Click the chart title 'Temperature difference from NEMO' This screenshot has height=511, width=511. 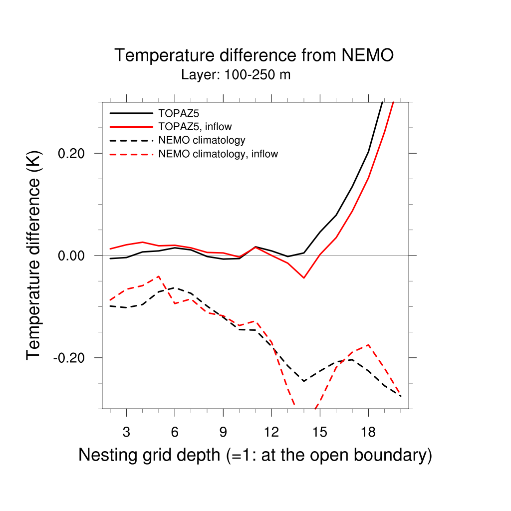tap(254, 55)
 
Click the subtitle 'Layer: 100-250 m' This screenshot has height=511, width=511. tap(236, 75)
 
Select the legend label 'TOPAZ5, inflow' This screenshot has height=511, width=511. tap(195, 126)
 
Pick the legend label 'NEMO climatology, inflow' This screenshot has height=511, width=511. tap(218, 154)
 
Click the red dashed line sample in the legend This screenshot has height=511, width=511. tap(131, 154)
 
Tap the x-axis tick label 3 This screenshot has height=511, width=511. tap(126, 432)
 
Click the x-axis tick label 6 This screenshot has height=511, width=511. tap(175, 432)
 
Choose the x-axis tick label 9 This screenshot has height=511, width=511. tap(223, 432)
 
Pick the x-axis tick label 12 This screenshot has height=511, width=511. tap(271, 432)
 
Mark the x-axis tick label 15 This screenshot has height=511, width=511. tap(320, 432)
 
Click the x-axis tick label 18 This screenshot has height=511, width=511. tap(368, 432)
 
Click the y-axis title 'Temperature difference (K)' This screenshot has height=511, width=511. tap(33, 255)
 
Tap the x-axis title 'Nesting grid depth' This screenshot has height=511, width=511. tap(255, 455)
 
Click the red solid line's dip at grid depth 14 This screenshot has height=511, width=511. tap(303, 277)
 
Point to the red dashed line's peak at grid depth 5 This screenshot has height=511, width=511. tap(159, 276)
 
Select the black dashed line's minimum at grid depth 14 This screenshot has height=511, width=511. tap(303, 381)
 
